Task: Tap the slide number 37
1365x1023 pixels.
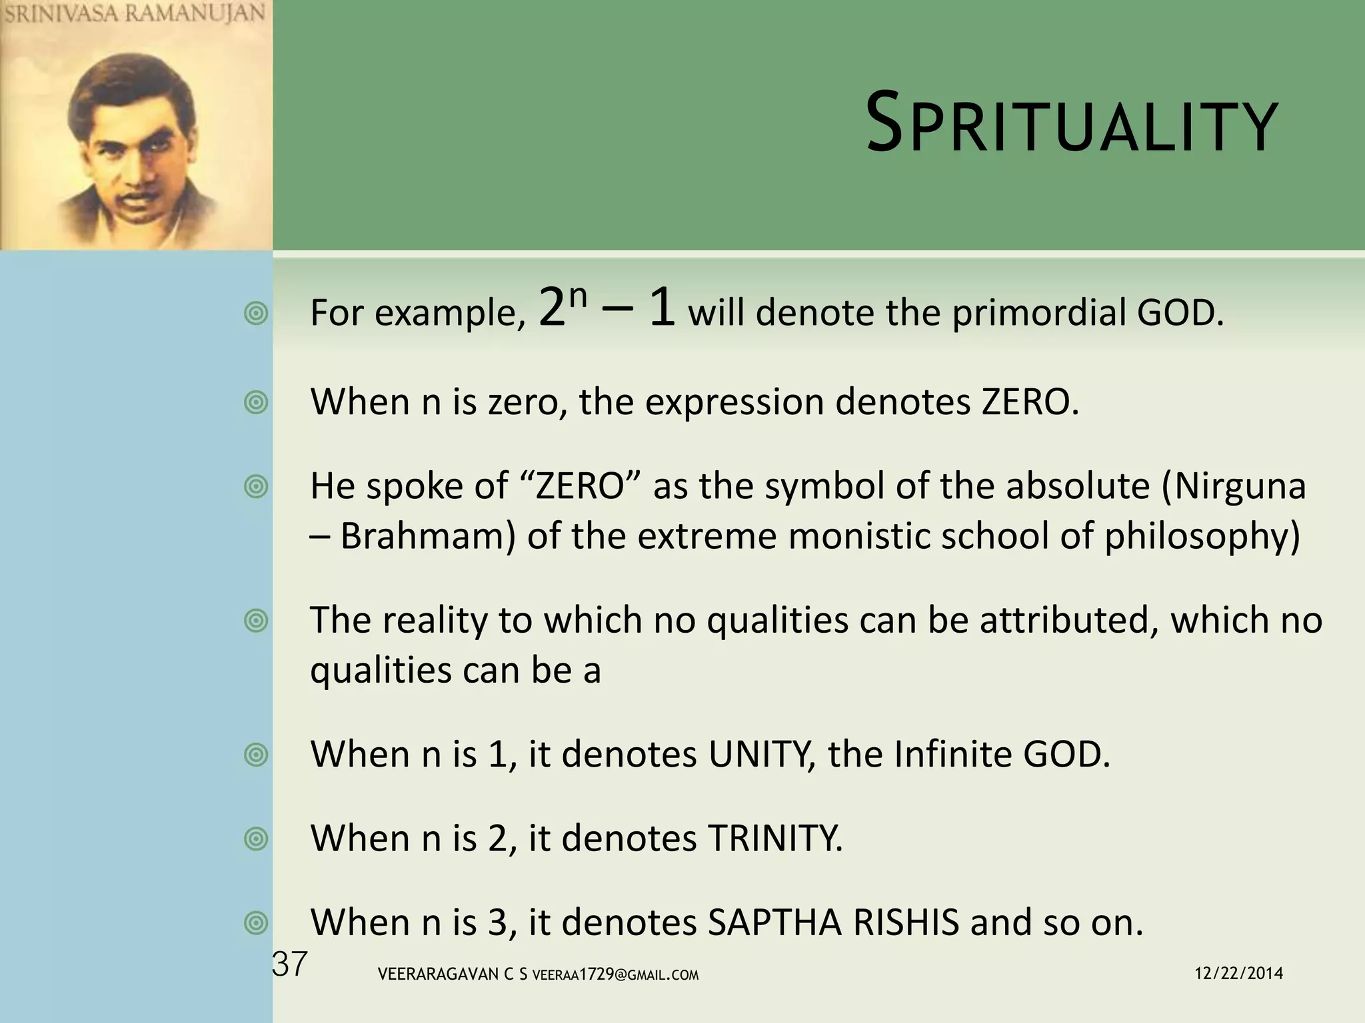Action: [290, 964]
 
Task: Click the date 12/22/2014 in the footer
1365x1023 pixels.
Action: [1238, 974]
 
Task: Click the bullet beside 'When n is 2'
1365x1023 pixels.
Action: [256, 839]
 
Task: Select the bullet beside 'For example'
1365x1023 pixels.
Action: [256, 313]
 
